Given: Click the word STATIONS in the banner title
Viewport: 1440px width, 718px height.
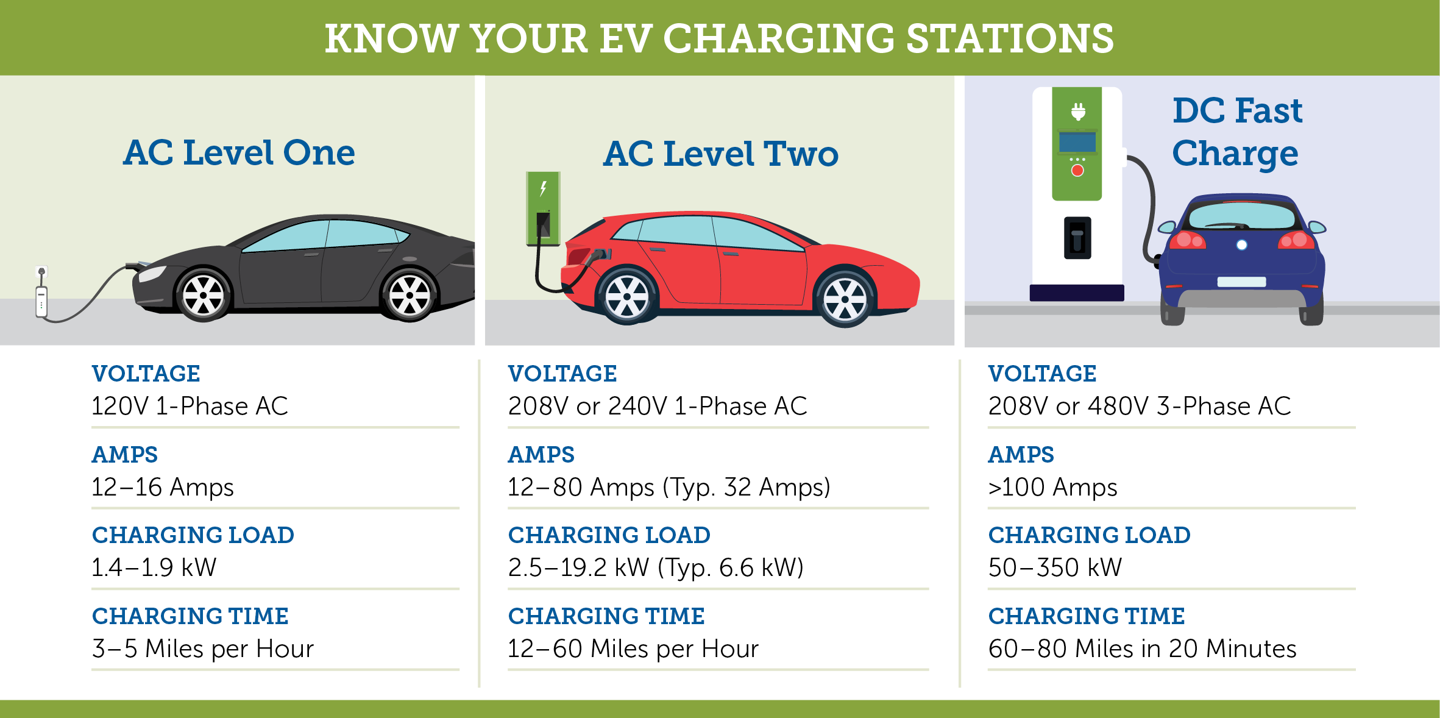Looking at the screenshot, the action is pyautogui.click(x=1010, y=38).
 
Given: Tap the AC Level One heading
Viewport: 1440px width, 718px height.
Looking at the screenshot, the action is pyautogui.click(x=239, y=152).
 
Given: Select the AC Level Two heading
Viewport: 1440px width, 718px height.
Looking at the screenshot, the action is pyautogui.click(x=721, y=154).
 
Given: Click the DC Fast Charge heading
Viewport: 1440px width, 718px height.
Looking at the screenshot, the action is pyautogui.click(x=1237, y=132).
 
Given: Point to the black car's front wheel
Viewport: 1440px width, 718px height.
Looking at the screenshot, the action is pyautogui.click(x=203, y=295).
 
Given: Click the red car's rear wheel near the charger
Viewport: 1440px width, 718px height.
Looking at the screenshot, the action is pyautogui.click(x=626, y=297).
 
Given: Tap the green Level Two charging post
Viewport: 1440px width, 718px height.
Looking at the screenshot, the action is pyautogui.click(x=543, y=208).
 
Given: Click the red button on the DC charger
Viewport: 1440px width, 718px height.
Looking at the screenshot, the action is pyautogui.click(x=1077, y=171).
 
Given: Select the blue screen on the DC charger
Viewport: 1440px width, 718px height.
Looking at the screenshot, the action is pyautogui.click(x=1077, y=142).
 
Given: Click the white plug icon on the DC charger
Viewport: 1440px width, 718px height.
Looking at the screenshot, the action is pyautogui.click(x=1078, y=112).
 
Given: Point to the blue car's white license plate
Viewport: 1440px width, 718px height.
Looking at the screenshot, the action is pyautogui.click(x=1241, y=282).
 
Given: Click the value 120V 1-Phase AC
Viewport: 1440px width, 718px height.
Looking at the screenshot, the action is pyautogui.click(x=190, y=406).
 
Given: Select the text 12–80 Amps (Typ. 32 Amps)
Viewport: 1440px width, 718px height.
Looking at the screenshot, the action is pyautogui.click(x=669, y=487).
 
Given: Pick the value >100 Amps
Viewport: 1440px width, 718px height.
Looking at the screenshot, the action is pyautogui.click(x=1052, y=487).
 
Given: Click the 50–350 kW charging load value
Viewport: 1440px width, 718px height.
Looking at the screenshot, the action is pyautogui.click(x=1055, y=567).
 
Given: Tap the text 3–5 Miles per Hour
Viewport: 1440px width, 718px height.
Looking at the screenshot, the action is pyautogui.click(x=202, y=649).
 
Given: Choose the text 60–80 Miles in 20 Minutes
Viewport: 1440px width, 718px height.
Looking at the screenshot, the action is pyautogui.click(x=1142, y=649).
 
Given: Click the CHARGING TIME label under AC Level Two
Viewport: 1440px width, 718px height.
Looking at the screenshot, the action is pyautogui.click(x=606, y=616).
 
